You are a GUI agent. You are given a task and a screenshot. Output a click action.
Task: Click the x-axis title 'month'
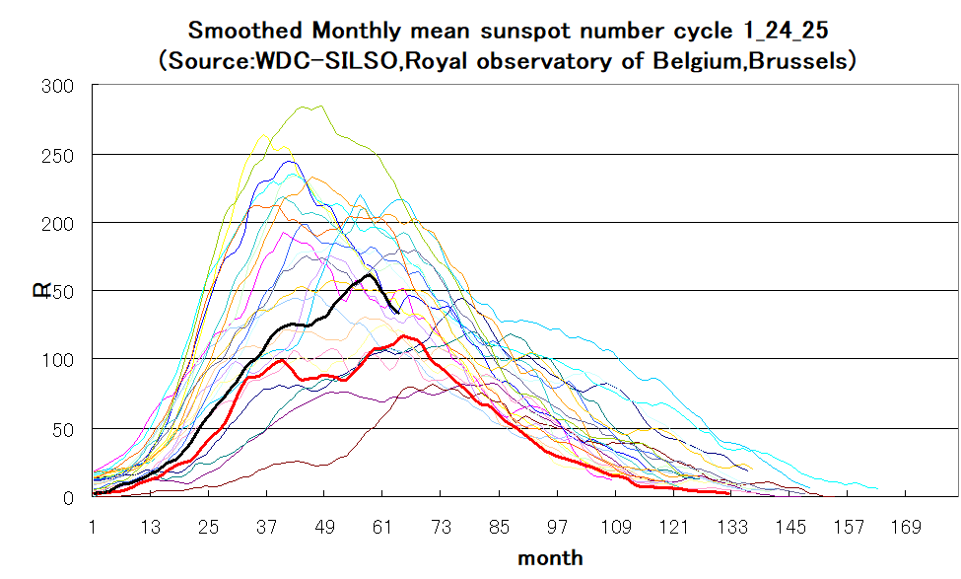tap(550, 558)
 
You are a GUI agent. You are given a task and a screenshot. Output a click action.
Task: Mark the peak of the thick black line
tap(368, 274)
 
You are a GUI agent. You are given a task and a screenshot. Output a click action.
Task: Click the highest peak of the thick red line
tap(404, 336)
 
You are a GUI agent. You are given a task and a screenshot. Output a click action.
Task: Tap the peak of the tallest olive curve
tap(321, 106)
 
